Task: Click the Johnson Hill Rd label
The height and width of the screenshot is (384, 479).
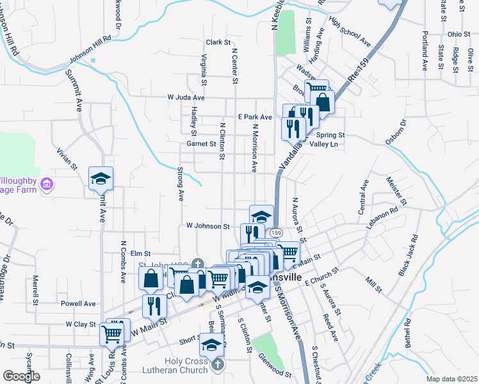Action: coord(90,56)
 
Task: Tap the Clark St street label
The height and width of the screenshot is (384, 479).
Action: coord(218,42)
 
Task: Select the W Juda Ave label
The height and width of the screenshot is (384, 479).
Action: coord(186,97)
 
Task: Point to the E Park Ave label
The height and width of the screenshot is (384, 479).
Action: coord(255,117)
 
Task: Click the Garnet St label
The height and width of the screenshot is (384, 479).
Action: coord(201,144)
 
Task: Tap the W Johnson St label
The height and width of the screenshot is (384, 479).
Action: coord(207,226)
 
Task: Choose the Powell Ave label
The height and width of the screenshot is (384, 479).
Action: coord(78,303)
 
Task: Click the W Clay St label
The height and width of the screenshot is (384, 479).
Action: coord(80,324)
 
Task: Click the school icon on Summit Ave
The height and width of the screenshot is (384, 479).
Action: coord(101,179)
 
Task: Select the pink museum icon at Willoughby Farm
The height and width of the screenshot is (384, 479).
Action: coord(45,185)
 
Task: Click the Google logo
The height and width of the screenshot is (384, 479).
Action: coord(20,376)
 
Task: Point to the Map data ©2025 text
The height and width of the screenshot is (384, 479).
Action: coord(451,379)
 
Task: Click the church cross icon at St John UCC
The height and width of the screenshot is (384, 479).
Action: coord(199,262)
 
